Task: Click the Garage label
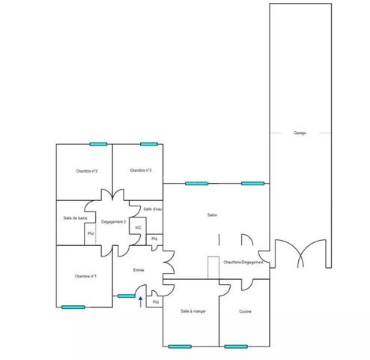point(300,133)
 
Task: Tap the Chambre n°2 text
point(88,171)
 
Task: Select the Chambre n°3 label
point(141,170)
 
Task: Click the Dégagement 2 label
point(113,222)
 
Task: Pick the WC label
point(139,227)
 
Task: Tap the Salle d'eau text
point(153,208)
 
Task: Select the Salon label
point(213,215)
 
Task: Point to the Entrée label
point(139,270)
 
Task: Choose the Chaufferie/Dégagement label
point(244,262)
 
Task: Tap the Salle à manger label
point(192,310)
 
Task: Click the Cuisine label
point(245,311)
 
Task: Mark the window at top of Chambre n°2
point(98,144)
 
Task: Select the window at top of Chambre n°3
point(146,144)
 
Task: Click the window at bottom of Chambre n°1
point(73,306)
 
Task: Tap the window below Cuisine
point(236,346)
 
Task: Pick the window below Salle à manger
point(180,346)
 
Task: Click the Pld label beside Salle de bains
point(91,233)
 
